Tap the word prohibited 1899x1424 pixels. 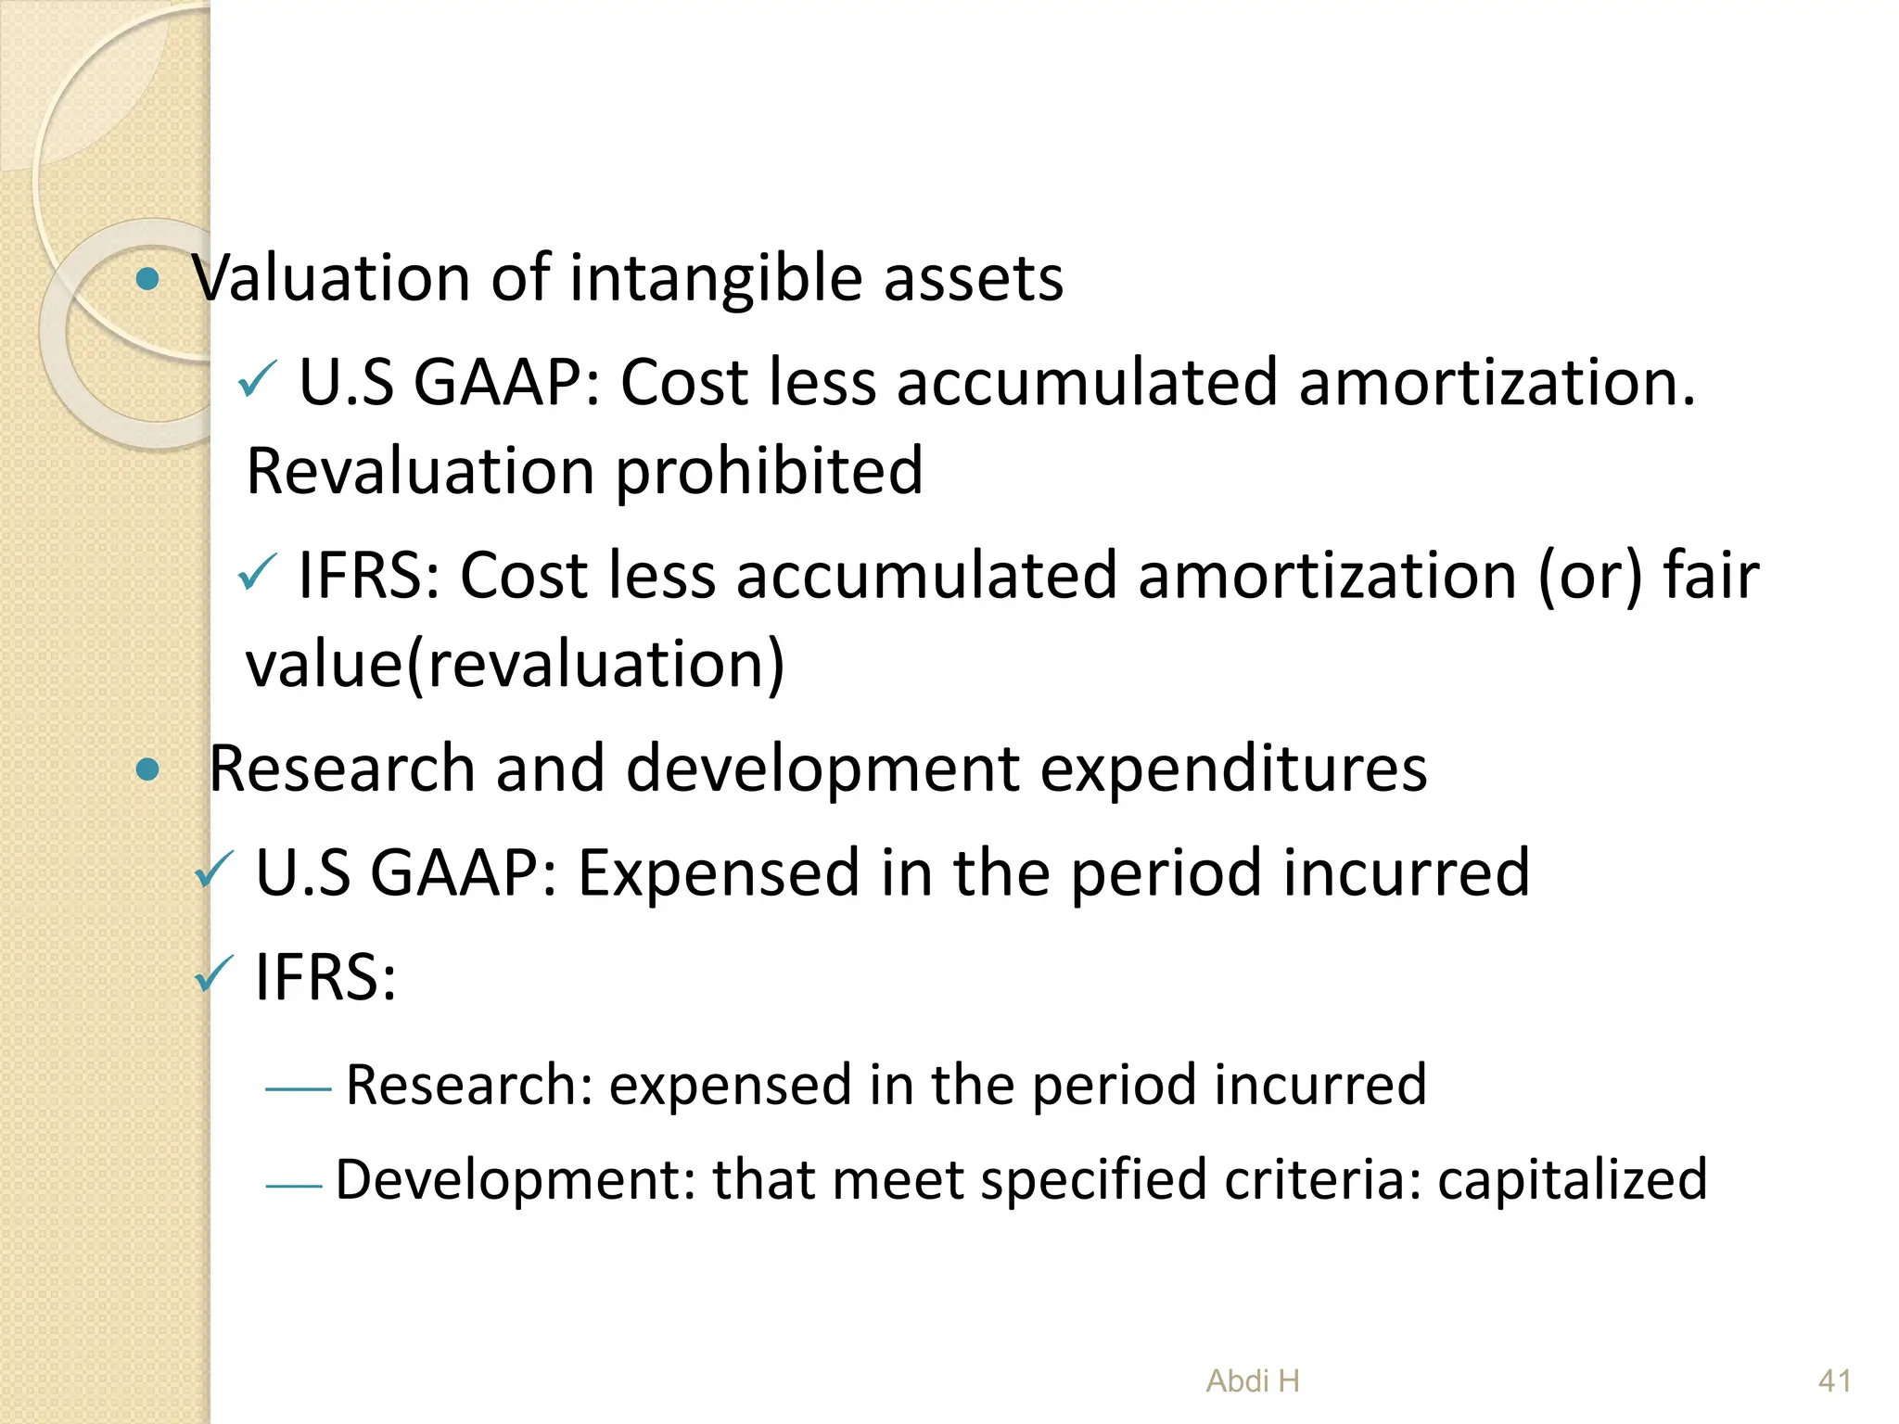[x=769, y=472]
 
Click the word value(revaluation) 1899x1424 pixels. [x=515, y=665]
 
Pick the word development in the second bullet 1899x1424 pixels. [x=822, y=770]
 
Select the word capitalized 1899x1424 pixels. [x=1572, y=1179]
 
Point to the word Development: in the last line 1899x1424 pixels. [x=516, y=1179]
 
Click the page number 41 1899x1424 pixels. [x=1835, y=1381]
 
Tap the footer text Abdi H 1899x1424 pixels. [x=1253, y=1381]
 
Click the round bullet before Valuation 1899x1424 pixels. [x=147, y=279]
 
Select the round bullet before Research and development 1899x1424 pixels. [x=147, y=769]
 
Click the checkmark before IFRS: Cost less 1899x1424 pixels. [x=257, y=572]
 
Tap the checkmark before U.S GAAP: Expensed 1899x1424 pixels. [x=214, y=871]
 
